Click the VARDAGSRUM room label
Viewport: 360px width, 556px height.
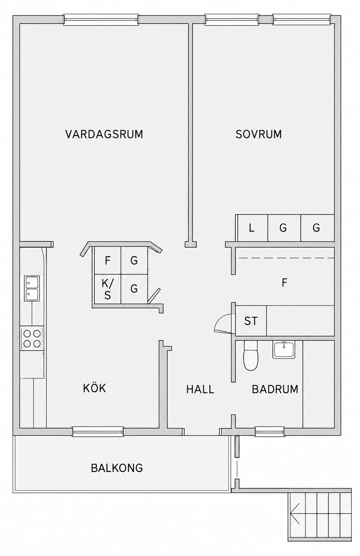(x=104, y=134)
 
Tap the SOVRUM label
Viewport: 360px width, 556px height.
(x=258, y=134)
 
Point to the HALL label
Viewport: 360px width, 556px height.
(x=200, y=389)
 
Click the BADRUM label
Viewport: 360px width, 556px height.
(x=275, y=389)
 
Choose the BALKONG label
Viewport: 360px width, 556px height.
(x=117, y=468)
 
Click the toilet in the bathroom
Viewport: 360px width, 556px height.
(x=251, y=356)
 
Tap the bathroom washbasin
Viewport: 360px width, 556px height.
(x=284, y=350)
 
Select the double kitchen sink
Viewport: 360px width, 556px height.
(x=32, y=288)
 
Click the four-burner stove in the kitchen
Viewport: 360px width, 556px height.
(x=32, y=338)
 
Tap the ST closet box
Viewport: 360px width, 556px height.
(x=251, y=321)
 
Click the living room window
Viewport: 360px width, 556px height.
(x=101, y=20)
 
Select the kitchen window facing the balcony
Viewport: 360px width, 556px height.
(x=98, y=432)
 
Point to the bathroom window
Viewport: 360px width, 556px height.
(x=270, y=432)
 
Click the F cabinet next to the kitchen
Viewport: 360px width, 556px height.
(x=107, y=261)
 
